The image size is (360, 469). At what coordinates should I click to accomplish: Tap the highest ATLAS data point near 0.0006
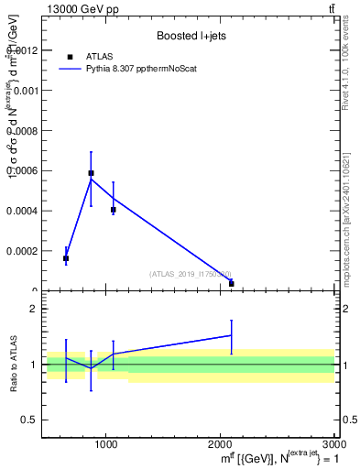[x=91, y=172]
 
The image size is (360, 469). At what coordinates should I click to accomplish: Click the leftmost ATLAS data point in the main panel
[x=66, y=258]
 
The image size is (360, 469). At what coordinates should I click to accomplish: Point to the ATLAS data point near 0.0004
[x=114, y=210]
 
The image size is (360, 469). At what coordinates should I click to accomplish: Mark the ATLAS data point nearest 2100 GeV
[x=231, y=284]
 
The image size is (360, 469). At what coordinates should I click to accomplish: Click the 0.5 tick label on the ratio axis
[x=29, y=420]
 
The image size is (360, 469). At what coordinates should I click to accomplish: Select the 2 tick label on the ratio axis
[x=33, y=309]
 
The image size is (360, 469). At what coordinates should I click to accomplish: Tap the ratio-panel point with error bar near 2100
[x=231, y=335]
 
